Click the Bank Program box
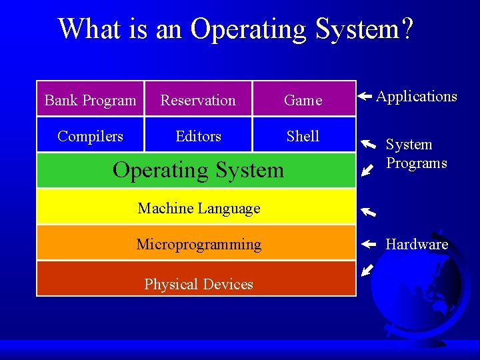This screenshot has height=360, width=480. (90, 100)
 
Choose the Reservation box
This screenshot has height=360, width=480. (198, 100)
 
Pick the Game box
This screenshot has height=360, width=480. (303, 100)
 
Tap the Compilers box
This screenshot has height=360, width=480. (90, 136)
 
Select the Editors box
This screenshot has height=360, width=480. (198, 136)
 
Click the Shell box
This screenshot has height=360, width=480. (303, 136)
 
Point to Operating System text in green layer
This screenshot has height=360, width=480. (198, 170)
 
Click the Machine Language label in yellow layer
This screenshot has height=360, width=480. (199, 208)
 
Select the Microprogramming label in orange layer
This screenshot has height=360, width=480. (199, 244)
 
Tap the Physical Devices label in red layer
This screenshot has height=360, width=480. (199, 284)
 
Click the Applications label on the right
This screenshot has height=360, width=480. (416, 96)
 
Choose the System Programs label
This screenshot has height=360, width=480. (416, 154)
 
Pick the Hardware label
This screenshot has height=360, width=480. (417, 244)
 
